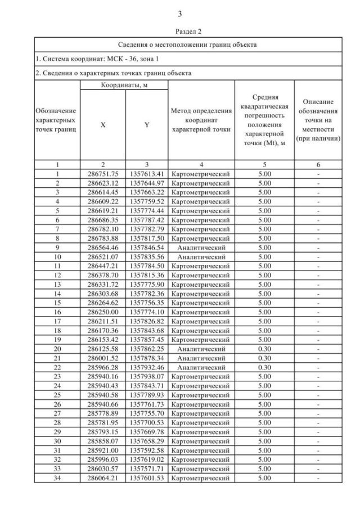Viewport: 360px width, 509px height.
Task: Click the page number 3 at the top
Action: click(180, 13)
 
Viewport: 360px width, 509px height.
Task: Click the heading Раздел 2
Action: click(180, 32)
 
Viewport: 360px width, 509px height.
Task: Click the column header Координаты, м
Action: click(124, 85)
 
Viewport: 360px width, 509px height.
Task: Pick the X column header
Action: click(102, 125)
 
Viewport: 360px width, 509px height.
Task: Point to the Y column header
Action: click(146, 125)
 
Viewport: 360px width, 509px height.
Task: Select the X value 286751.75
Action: click(102, 174)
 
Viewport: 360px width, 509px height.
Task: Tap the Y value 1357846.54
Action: click(146, 247)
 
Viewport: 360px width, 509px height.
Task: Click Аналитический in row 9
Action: click(201, 247)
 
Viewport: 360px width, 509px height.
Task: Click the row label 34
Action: click(57, 478)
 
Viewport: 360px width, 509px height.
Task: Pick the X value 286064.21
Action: click(102, 478)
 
